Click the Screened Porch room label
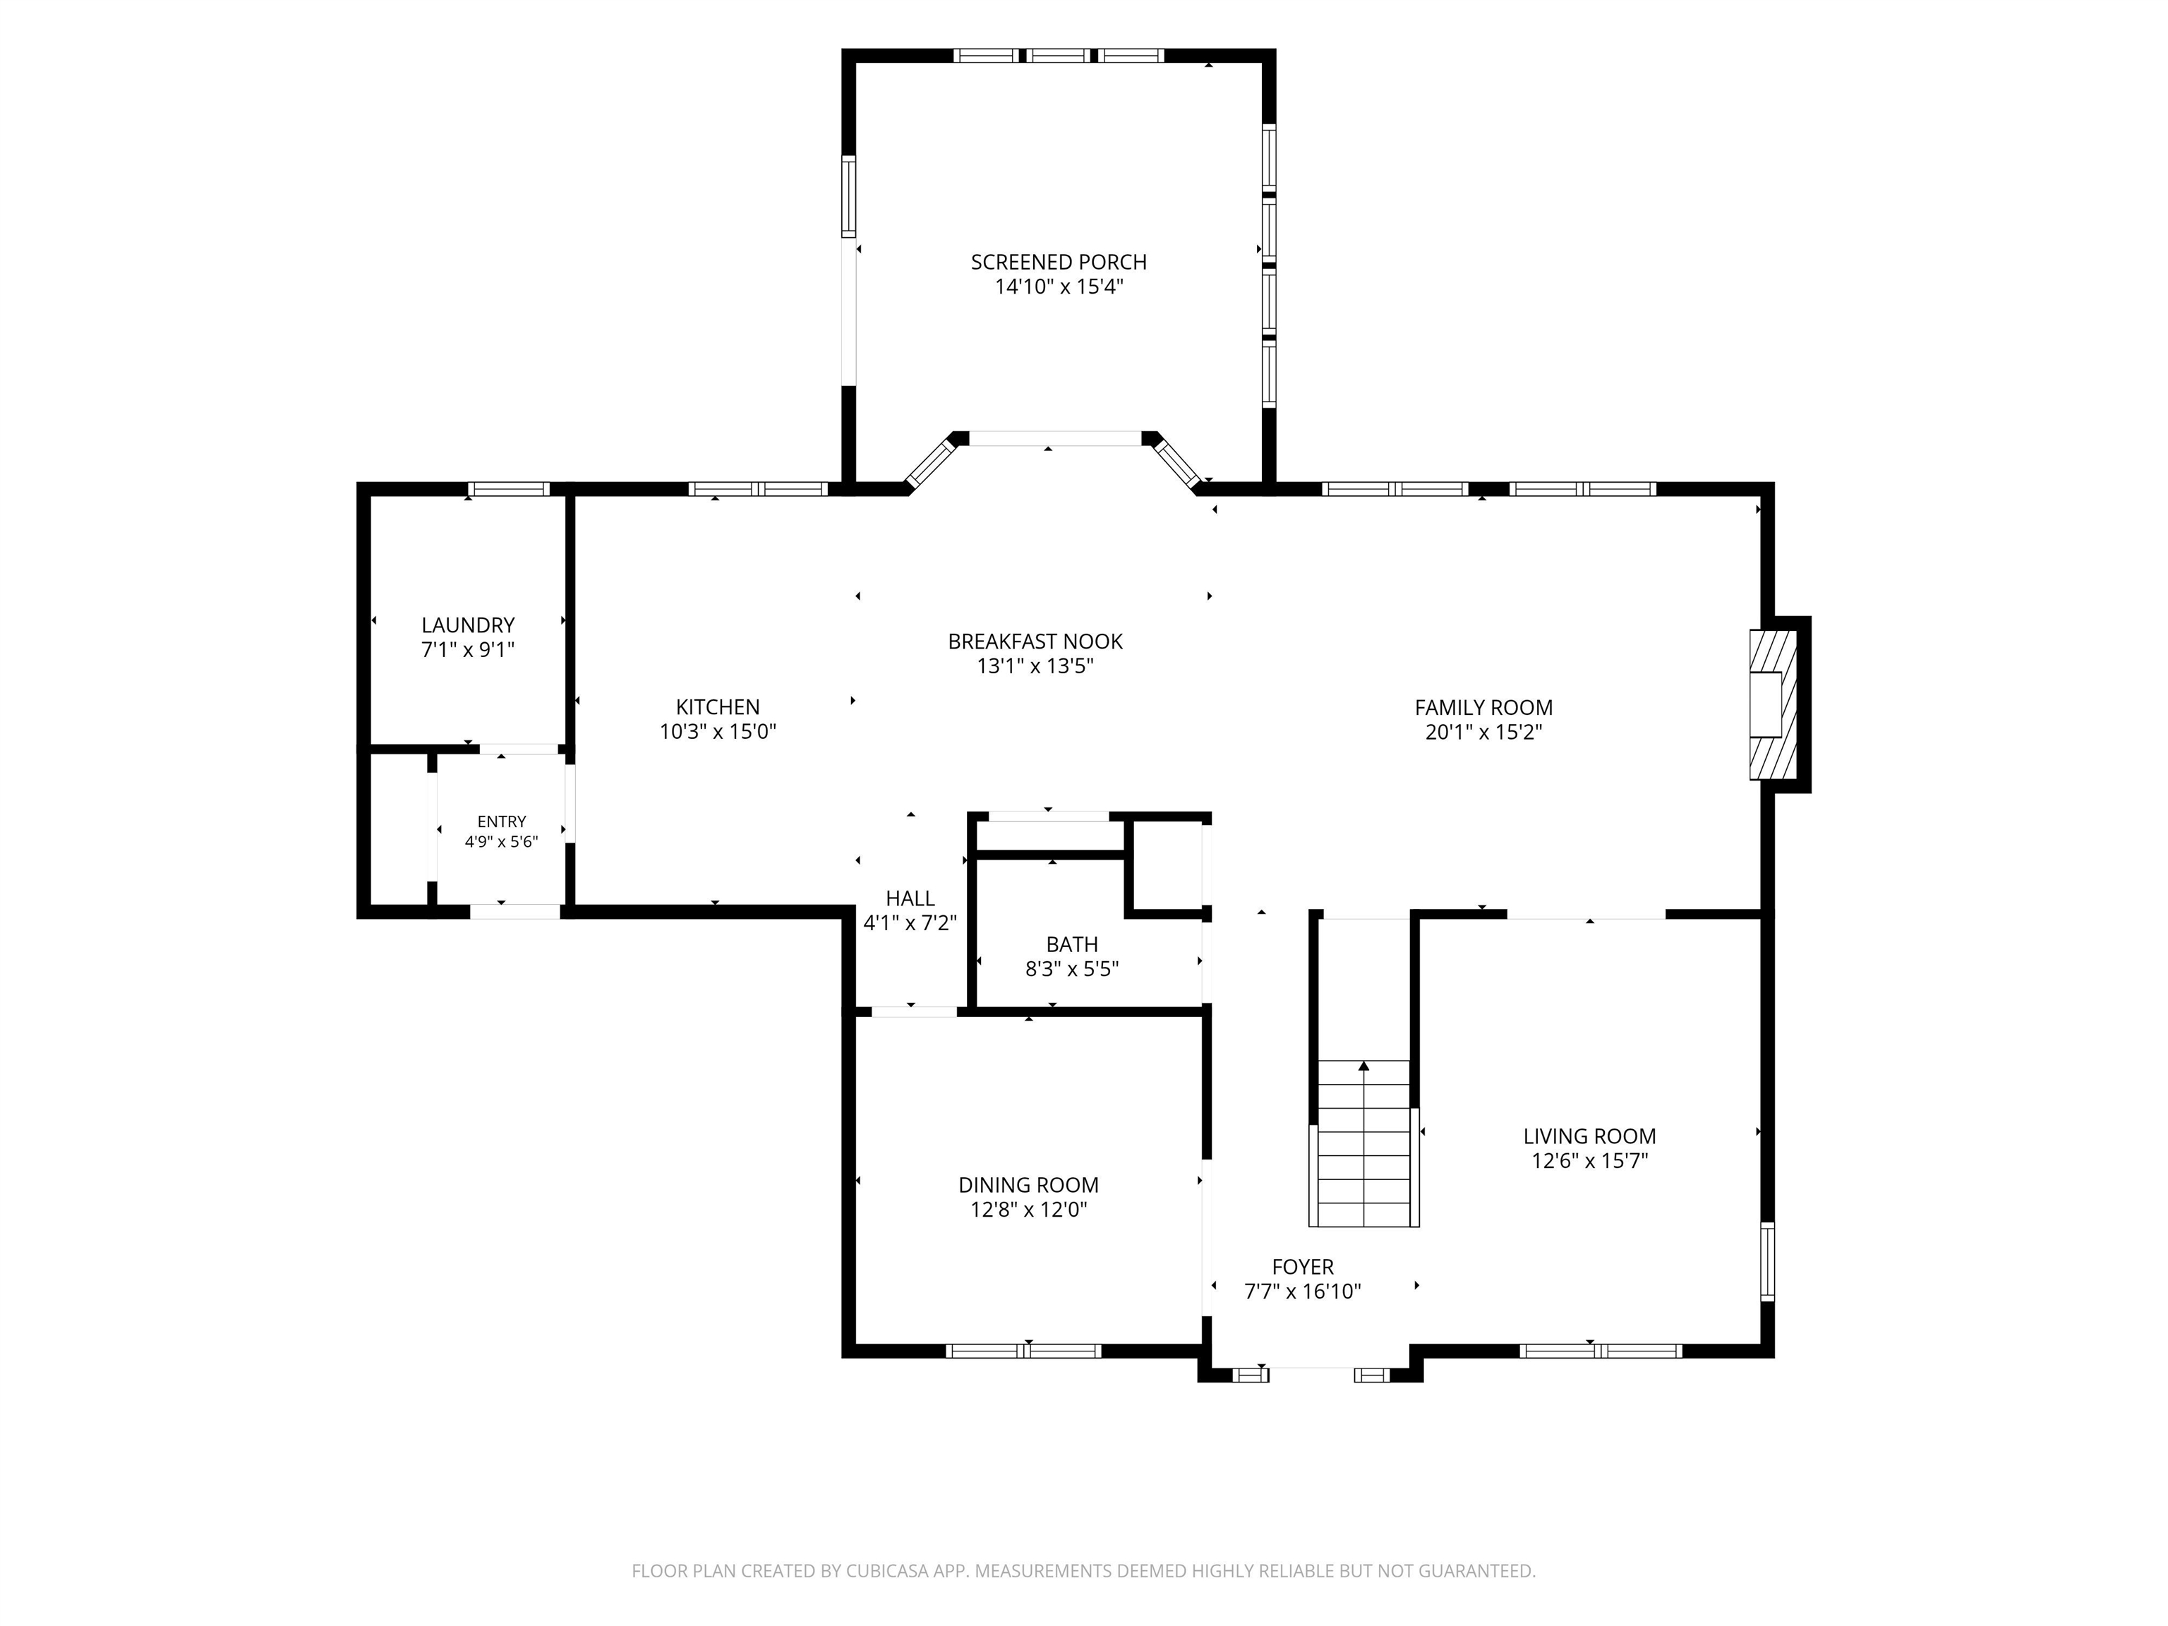point(1059,263)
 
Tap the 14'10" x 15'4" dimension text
point(1059,287)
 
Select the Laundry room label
point(467,625)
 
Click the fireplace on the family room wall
point(1774,704)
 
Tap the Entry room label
point(502,822)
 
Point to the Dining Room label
point(1028,1185)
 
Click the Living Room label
point(1590,1137)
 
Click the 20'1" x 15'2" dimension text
point(1484,732)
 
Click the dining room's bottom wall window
point(1023,1351)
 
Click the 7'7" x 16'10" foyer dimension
point(1303,1291)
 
